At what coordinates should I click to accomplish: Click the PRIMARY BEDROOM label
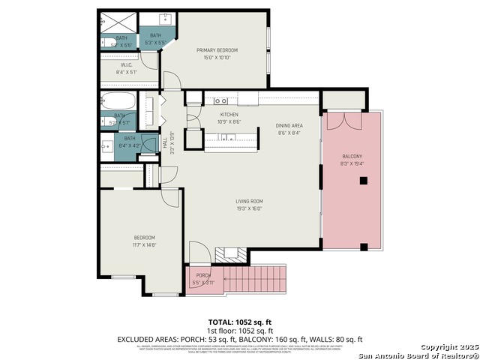217,50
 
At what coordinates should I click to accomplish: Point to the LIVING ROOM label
249,201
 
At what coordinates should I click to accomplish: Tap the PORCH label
202,275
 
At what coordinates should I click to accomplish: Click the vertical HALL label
165,141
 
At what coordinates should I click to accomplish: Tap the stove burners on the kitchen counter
221,100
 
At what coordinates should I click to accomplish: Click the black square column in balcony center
363,180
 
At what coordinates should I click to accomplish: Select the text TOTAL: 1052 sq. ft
239,322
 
